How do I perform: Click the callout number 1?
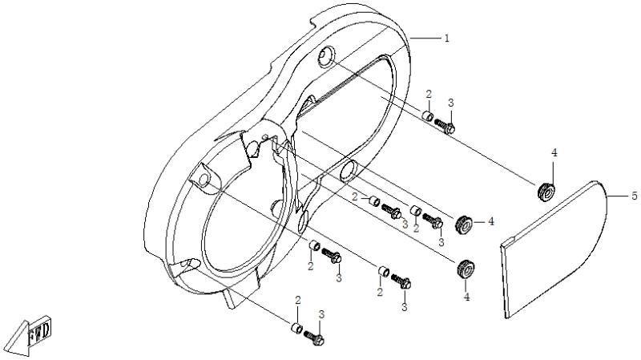pyautogui.click(x=447, y=38)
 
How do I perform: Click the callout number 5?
pyautogui.click(x=635, y=196)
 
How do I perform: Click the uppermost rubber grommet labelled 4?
pyautogui.click(x=546, y=192)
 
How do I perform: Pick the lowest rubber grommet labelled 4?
pyautogui.click(x=466, y=269)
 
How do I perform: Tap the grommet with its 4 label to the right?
pyautogui.click(x=464, y=223)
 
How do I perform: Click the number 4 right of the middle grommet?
pyautogui.click(x=491, y=221)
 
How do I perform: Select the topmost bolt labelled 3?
pyautogui.click(x=445, y=126)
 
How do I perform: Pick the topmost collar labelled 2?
pyautogui.click(x=428, y=115)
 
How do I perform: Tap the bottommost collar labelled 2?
pyautogui.click(x=296, y=328)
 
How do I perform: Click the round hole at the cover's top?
pyautogui.click(x=326, y=55)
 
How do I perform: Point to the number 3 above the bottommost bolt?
pyautogui.click(x=322, y=314)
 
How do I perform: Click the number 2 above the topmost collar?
pyautogui.click(x=429, y=94)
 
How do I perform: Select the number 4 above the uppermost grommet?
pyautogui.click(x=554, y=152)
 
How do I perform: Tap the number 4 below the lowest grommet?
pyautogui.click(x=466, y=297)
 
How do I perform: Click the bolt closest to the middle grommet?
pyautogui.click(x=433, y=221)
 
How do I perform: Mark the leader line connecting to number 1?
pyautogui.click(x=425, y=38)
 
